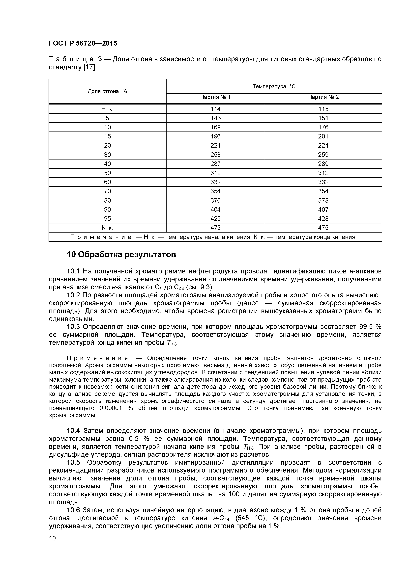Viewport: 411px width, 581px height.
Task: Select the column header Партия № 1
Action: pyautogui.click(x=215, y=97)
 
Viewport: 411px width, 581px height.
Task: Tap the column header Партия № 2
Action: pyautogui.click(x=323, y=97)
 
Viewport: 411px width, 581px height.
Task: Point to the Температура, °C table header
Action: pyautogui.click(x=274, y=87)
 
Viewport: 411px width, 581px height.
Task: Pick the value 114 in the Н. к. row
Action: pyautogui.click(x=215, y=109)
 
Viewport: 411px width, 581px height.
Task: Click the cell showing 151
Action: pyautogui.click(x=323, y=118)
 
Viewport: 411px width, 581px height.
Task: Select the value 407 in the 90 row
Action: pyautogui.click(x=323, y=210)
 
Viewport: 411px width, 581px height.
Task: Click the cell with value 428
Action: pyautogui.click(x=323, y=219)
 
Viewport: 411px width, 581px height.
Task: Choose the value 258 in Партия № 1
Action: pyautogui.click(x=215, y=155)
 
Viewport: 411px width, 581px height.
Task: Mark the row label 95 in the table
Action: pyautogui.click(x=107, y=219)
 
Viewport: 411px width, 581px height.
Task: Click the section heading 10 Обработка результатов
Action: pyautogui.click(x=121, y=255)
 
